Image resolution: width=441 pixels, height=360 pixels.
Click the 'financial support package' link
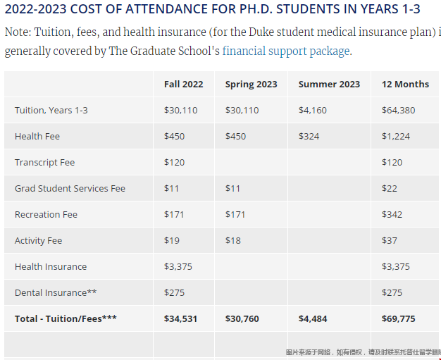(x=286, y=51)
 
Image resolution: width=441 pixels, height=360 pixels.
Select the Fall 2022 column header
(x=183, y=85)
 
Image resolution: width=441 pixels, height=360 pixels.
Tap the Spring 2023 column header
(x=251, y=85)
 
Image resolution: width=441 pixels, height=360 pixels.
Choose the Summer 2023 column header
(x=329, y=85)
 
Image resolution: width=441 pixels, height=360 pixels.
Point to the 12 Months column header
(x=405, y=85)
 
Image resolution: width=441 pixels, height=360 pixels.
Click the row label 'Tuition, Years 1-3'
(x=51, y=111)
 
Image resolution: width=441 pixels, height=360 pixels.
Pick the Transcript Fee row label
(x=44, y=163)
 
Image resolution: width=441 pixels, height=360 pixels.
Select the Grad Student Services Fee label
(x=70, y=189)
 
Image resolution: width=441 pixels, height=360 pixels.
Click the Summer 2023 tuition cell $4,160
(x=312, y=111)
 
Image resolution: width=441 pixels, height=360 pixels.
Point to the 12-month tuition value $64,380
(x=398, y=111)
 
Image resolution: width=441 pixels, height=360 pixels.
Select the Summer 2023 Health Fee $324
(x=309, y=137)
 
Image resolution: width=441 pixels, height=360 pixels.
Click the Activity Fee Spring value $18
(x=232, y=241)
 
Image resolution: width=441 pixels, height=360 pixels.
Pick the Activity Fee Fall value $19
(x=172, y=241)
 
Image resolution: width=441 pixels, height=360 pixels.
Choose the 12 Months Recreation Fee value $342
(x=392, y=215)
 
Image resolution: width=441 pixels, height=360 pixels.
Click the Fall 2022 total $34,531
(x=180, y=319)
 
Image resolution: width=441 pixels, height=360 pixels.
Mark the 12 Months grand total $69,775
(x=398, y=319)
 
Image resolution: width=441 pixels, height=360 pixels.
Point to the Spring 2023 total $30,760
(x=242, y=319)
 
